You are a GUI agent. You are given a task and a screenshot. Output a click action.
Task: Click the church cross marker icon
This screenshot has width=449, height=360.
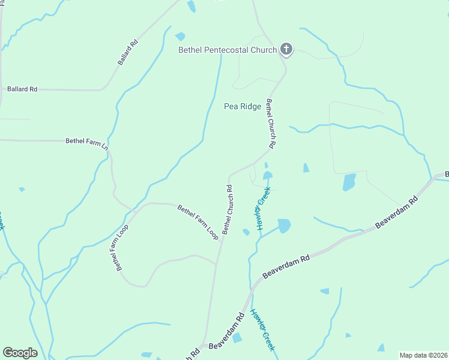(286, 50)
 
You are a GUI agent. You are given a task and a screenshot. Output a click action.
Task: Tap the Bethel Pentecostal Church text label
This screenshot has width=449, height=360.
(228, 50)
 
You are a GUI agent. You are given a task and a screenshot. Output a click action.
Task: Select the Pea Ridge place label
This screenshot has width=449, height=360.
(243, 106)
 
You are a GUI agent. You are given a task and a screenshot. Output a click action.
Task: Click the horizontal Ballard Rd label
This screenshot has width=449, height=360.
(22, 89)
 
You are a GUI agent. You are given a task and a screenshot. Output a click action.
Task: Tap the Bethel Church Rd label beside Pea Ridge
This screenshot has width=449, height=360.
(271, 124)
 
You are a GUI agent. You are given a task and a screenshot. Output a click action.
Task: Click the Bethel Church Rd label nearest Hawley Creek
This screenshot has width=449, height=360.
(228, 209)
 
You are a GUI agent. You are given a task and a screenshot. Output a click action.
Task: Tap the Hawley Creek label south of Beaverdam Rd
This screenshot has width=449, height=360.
(263, 330)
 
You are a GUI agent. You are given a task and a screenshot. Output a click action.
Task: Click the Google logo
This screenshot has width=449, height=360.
(20, 353)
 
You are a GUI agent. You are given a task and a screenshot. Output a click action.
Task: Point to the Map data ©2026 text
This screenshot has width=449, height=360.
(423, 355)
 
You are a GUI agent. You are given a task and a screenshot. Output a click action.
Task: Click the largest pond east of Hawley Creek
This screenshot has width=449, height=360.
(349, 182)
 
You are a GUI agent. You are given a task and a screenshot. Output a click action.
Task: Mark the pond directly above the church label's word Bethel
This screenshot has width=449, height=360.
(179, 36)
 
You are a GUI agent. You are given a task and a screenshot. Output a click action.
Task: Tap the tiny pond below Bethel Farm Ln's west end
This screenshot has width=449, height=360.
(22, 190)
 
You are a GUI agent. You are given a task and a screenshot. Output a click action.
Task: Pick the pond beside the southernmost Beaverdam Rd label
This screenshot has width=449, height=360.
(237, 337)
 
